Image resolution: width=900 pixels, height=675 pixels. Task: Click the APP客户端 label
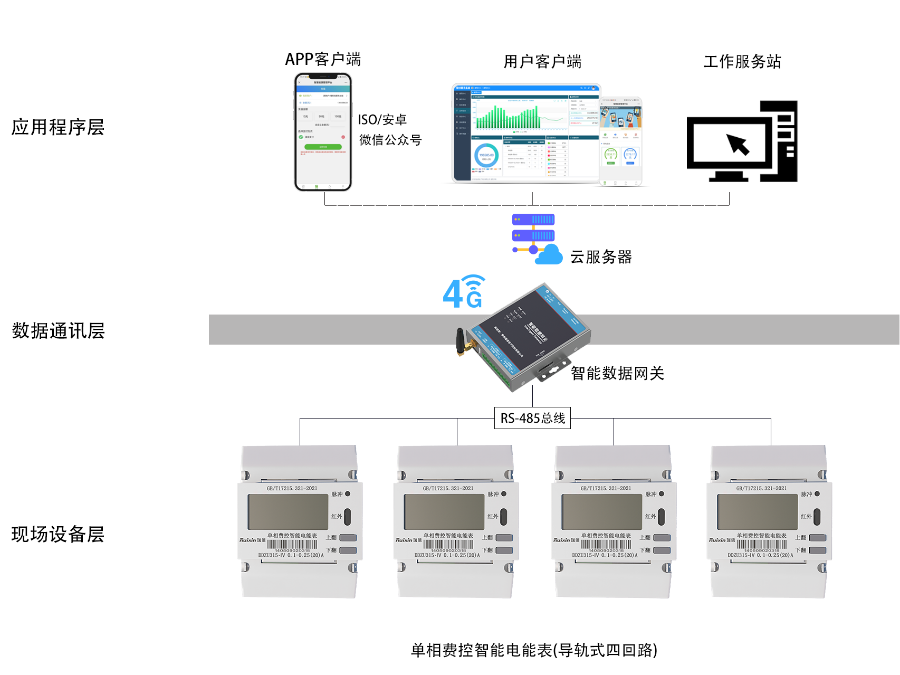[323, 59]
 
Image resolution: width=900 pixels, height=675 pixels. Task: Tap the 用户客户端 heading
[542, 62]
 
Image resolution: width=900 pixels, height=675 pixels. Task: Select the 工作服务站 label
[742, 61]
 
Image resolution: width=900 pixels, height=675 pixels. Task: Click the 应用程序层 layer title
[58, 127]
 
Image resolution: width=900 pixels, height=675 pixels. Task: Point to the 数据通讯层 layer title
[58, 331]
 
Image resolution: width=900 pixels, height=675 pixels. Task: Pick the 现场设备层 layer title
[58, 534]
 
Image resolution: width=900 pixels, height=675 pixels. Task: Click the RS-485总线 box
[532, 419]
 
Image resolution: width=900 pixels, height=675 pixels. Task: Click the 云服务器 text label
[601, 257]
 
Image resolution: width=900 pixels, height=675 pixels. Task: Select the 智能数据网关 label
[617, 374]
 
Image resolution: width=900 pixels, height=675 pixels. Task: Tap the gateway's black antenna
[461, 342]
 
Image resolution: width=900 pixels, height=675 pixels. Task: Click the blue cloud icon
[549, 255]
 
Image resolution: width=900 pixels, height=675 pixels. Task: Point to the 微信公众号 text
[390, 140]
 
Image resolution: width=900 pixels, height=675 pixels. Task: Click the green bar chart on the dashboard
[506, 117]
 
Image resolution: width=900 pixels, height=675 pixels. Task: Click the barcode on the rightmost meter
[761, 544]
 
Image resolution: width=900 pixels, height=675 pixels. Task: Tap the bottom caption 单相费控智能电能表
[534, 650]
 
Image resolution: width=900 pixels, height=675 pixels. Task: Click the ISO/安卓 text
[382, 120]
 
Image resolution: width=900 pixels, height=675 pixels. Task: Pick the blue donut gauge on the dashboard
[486, 156]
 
